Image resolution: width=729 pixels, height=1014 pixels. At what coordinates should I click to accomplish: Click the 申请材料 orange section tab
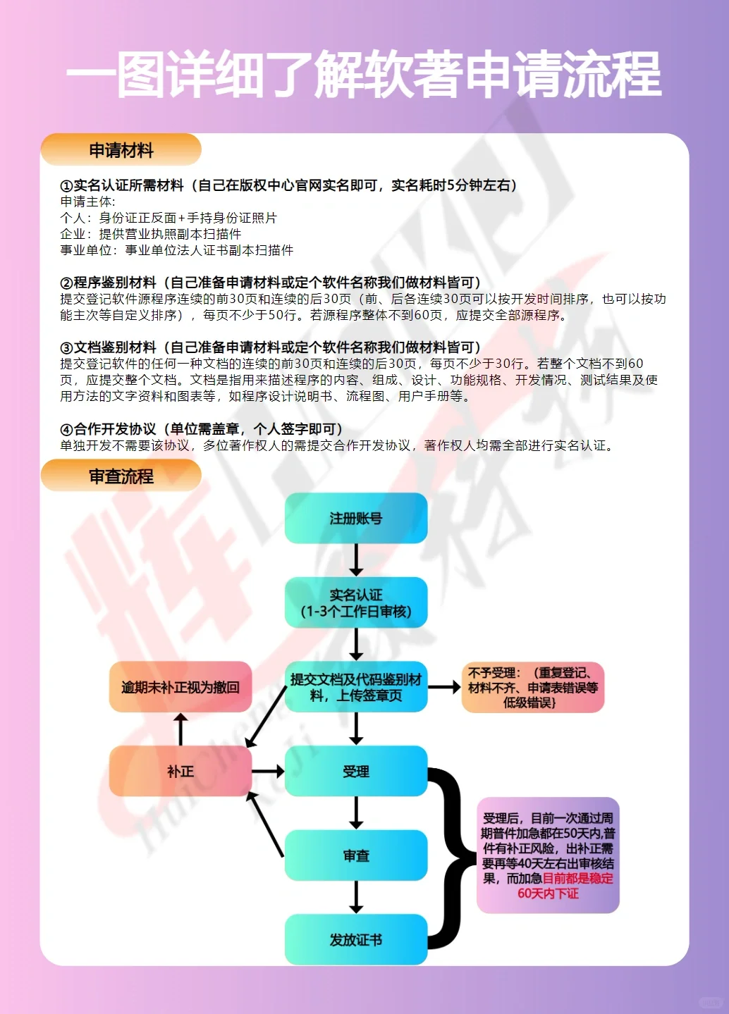(121, 150)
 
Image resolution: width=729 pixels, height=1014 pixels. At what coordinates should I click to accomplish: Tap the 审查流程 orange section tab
(121, 476)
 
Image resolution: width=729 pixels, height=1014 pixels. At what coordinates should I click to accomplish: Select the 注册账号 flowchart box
(356, 519)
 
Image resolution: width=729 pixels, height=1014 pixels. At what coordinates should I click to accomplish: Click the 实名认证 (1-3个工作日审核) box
(356, 603)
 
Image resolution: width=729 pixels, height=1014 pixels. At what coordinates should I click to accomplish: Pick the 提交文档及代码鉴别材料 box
(356, 687)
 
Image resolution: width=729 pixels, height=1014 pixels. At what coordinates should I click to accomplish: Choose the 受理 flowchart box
(356, 772)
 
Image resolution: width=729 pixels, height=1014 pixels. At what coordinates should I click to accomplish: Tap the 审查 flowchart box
(356, 855)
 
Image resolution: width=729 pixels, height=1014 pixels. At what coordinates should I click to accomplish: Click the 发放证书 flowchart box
(356, 939)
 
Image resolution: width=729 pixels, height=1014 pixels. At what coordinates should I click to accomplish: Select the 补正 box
(180, 772)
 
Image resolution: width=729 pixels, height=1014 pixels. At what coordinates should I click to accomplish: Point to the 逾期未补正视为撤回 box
(180, 687)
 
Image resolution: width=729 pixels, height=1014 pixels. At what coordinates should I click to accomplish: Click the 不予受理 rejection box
(533, 687)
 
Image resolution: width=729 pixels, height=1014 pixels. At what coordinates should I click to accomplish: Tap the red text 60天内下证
(548, 894)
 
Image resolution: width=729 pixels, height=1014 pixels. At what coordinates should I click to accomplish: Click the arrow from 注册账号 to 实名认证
(356, 560)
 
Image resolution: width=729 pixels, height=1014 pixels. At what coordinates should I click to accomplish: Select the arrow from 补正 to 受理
(268, 772)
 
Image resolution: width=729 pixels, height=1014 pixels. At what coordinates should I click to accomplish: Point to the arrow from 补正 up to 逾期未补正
(180, 729)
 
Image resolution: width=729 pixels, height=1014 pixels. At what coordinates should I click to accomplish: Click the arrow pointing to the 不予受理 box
(444, 687)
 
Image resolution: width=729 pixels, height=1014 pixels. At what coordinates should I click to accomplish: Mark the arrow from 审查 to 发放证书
(356, 897)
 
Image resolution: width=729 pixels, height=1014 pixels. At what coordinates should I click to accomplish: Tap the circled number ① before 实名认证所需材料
(66, 186)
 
